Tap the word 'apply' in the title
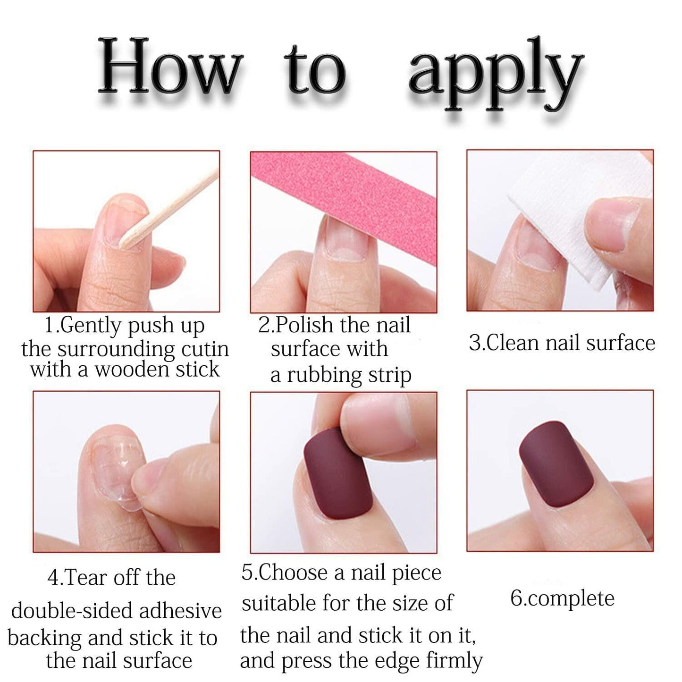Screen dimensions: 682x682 (496, 76)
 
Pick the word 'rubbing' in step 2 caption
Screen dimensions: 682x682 (321, 375)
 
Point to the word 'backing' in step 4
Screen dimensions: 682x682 (45, 638)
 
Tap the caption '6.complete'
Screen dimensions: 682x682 (562, 598)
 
